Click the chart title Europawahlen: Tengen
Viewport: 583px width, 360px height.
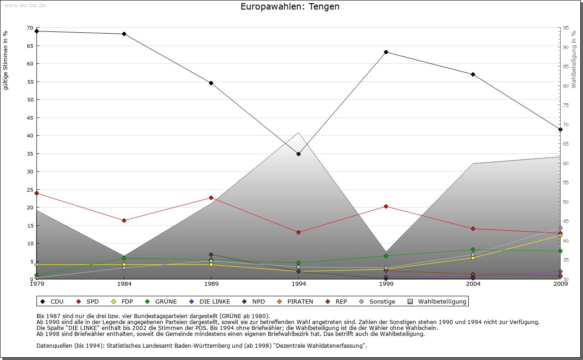coord(290,7)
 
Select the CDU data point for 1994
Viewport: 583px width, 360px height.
coord(298,154)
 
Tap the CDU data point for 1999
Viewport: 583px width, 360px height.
coord(386,52)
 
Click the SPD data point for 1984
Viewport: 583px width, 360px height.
coord(124,220)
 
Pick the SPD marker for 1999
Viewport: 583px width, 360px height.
coord(386,206)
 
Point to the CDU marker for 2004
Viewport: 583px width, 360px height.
coord(473,74)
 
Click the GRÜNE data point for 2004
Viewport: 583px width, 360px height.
coord(473,249)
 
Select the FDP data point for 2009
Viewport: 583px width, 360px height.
coord(560,235)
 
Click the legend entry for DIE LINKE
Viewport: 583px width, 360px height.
coord(215,301)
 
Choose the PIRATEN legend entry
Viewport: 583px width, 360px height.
coord(300,301)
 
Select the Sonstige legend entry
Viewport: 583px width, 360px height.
coord(382,301)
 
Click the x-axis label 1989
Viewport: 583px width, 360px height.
coord(211,284)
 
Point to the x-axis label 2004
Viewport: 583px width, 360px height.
coord(473,284)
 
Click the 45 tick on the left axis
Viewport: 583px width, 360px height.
coord(30,117)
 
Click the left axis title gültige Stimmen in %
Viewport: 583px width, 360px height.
coord(6,61)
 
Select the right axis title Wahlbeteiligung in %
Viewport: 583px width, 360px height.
coord(574,60)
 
